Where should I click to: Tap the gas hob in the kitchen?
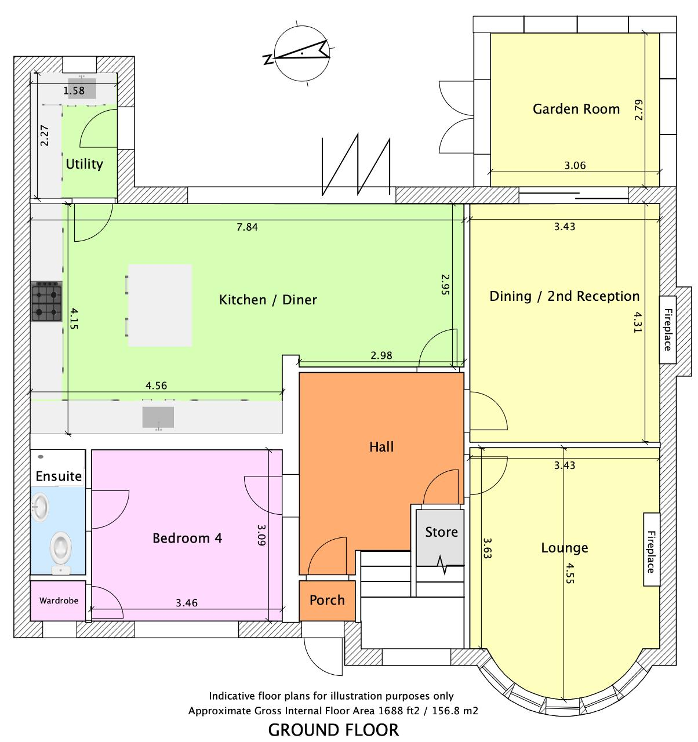[x=46, y=301]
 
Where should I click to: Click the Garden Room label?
[x=576, y=109]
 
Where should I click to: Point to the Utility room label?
[x=84, y=164]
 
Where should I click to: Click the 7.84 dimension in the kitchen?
[x=248, y=227]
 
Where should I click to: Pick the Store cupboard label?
[x=441, y=532]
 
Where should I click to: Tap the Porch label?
[x=327, y=600]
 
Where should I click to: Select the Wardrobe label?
[x=59, y=601]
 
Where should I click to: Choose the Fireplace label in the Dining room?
[x=667, y=330]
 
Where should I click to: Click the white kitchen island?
[x=160, y=305]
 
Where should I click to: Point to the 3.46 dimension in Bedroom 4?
[x=187, y=603]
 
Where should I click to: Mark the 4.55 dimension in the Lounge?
[x=569, y=574]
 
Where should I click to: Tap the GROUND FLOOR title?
[x=334, y=729]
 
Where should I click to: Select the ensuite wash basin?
[x=41, y=505]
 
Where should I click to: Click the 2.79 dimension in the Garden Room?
[x=639, y=110]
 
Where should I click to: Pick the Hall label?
[x=381, y=446]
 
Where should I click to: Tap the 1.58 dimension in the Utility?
[x=74, y=90]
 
